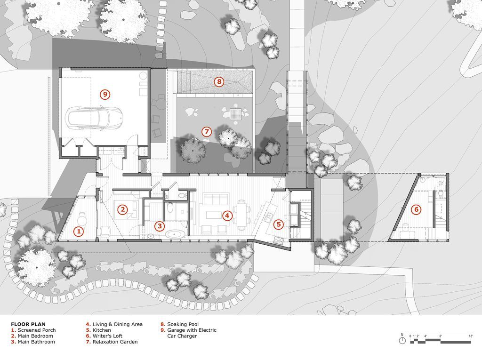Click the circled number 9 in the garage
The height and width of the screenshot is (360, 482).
(105, 94)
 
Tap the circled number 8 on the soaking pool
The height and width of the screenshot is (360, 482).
(219, 82)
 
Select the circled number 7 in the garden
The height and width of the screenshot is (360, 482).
(207, 132)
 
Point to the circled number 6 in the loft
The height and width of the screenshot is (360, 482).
(416, 210)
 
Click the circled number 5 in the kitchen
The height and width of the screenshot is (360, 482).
(279, 224)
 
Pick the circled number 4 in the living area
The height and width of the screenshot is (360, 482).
(227, 216)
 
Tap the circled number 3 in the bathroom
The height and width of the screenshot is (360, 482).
(159, 226)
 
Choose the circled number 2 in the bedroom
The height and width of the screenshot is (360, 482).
(122, 210)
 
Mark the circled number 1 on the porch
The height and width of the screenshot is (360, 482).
(79, 231)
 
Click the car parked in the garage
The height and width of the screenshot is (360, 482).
(94, 118)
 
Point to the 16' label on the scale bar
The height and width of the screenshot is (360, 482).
(471, 336)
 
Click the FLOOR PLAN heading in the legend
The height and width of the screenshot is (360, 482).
(28, 324)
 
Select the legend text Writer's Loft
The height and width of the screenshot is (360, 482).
(108, 336)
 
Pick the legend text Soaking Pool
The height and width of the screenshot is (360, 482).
(183, 324)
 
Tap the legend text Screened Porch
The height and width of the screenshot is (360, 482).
(37, 330)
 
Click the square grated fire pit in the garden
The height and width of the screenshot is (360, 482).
(236, 114)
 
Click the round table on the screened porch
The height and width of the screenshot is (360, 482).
(82, 220)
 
